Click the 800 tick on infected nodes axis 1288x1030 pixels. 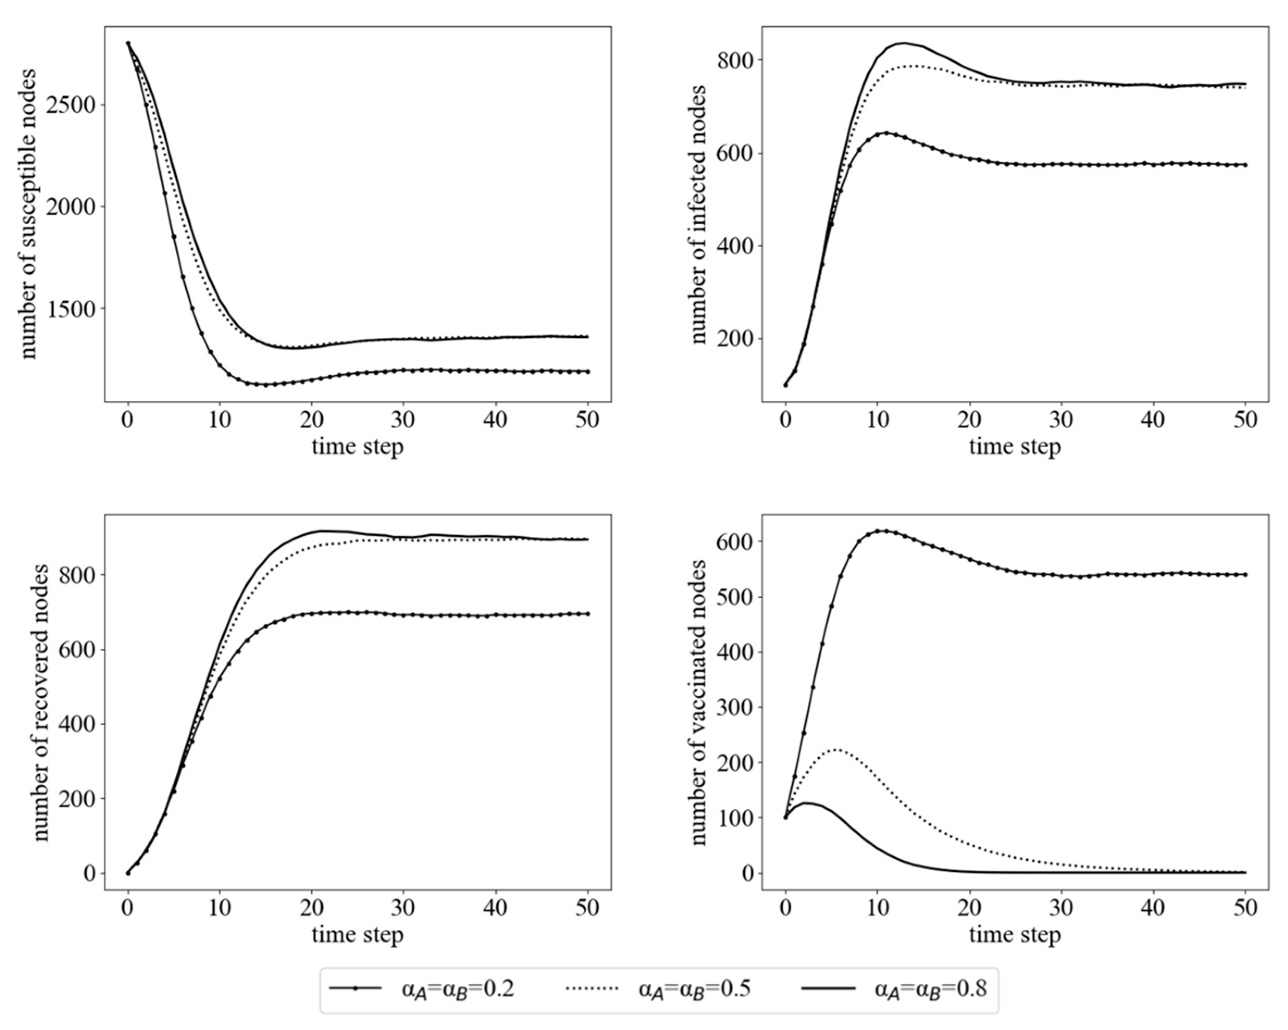point(736,60)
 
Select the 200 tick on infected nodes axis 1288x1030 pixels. point(736,339)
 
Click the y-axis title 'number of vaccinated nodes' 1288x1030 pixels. point(697,702)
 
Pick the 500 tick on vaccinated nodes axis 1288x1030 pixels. point(736,597)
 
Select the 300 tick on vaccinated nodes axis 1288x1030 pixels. point(736,707)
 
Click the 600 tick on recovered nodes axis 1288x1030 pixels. point(78,650)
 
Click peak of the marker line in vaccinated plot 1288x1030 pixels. point(885,531)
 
